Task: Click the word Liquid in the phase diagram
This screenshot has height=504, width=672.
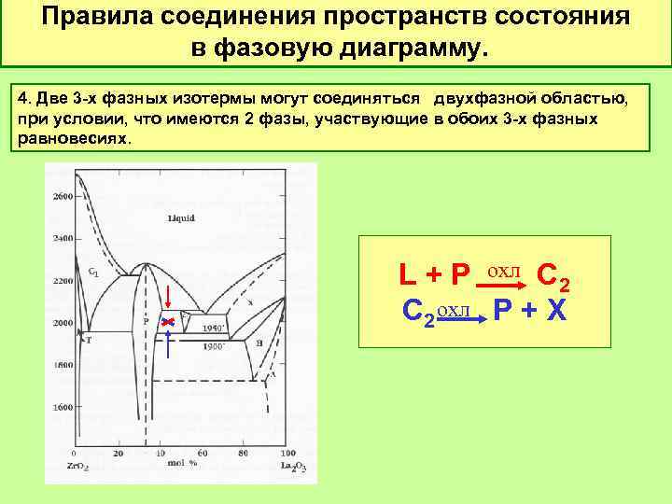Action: (181, 217)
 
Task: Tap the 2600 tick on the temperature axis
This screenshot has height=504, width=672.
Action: (63, 197)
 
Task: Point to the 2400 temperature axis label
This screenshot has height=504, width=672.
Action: (63, 239)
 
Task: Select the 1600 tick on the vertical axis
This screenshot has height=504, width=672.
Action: (63, 408)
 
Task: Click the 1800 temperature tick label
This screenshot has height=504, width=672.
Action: (63, 366)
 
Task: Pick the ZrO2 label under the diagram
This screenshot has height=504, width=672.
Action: (77, 465)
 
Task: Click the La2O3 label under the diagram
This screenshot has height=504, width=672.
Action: (292, 465)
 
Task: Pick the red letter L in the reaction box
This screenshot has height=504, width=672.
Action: (408, 275)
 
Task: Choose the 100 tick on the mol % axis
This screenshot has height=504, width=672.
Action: (287, 453)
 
